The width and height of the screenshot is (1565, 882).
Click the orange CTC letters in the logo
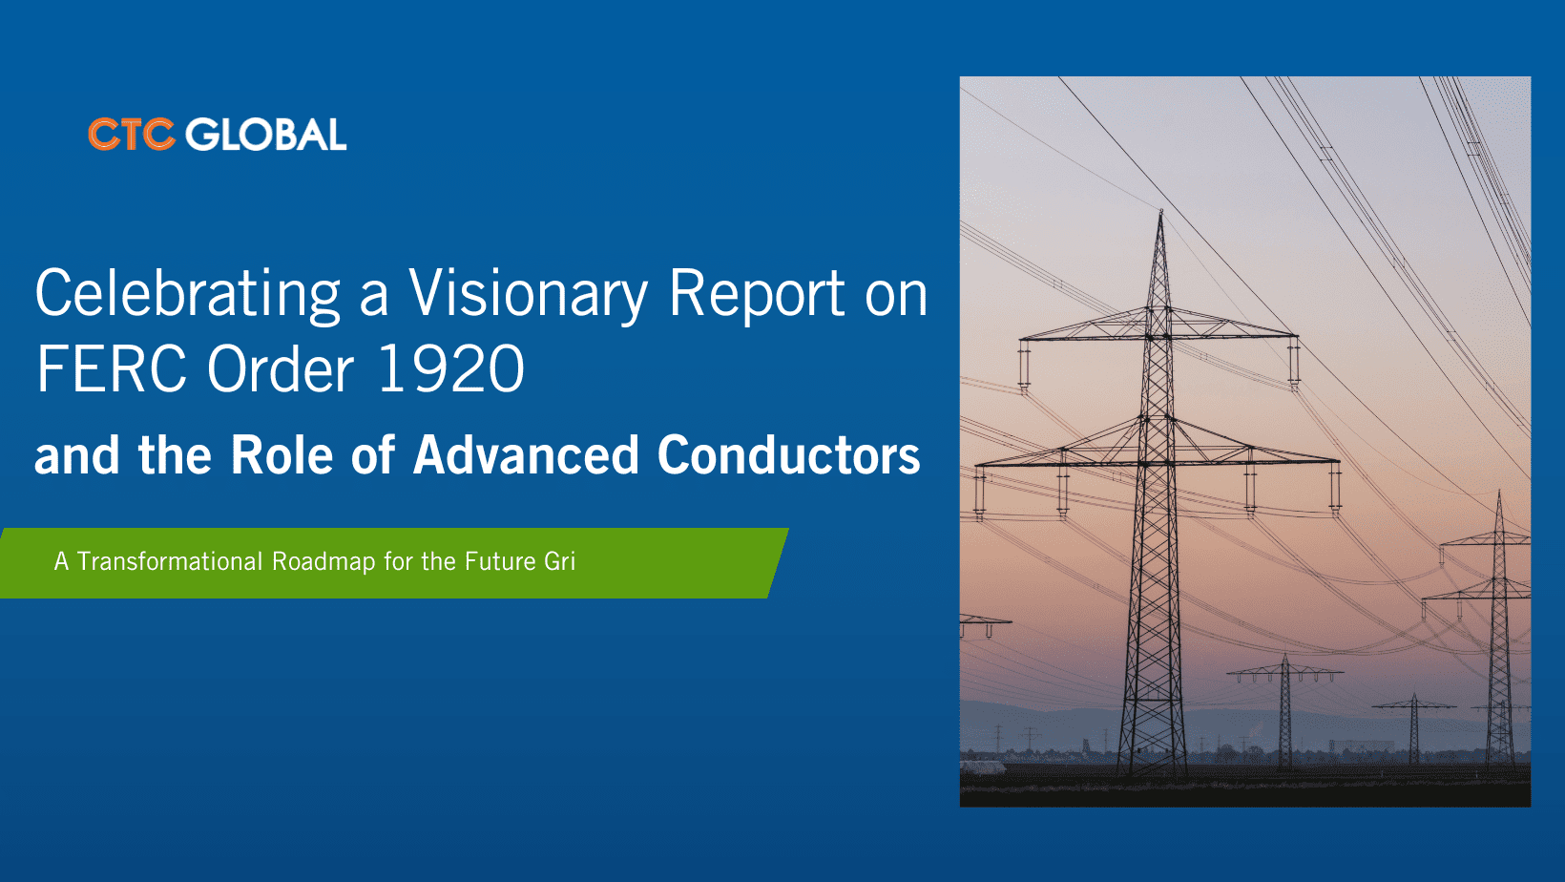pos(131,135)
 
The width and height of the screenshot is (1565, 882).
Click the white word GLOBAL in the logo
pos(266,135)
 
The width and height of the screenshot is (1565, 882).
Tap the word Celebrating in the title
pos(188,294)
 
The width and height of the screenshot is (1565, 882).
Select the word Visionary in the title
pos(528,294)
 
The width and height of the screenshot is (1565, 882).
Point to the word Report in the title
pos(757,294)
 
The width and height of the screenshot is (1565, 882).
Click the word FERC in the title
pos(111,369)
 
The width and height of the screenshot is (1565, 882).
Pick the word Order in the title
pos(281,369)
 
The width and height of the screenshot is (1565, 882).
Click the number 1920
pos(451,369)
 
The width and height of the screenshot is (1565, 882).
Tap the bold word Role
pos(281,455)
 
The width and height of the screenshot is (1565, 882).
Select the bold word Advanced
pos(526,455)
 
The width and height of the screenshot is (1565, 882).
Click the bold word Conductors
pos(788,455)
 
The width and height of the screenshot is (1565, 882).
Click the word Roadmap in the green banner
pos(323,561)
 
